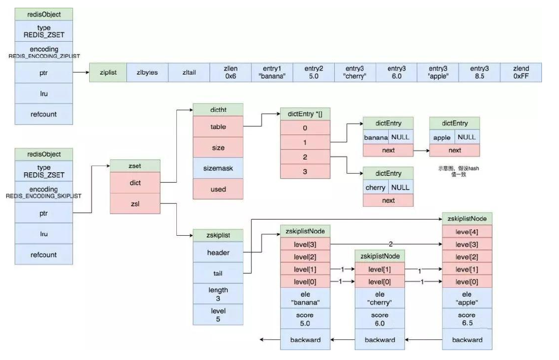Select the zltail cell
[189, 73]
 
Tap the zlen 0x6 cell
[231, 73]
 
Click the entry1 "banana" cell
[272, 73]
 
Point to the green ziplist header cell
[108, 73]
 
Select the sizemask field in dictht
[218, 168]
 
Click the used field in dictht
[218, 189]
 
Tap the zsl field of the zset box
[136, 203]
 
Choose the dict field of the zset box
[136, 182]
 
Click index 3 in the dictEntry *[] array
[305, 172]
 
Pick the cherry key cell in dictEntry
[375, 187]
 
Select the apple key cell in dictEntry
[442, 138]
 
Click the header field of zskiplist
[218, 253]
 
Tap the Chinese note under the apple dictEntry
[455, 171]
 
